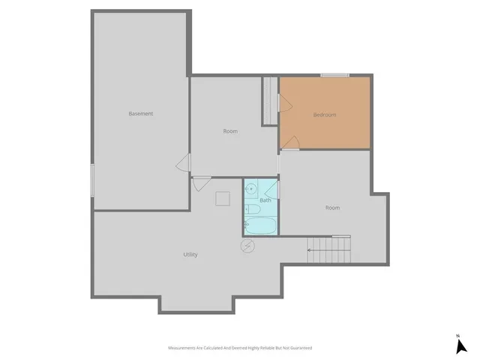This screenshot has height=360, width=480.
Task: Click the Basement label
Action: [x=141, y=114]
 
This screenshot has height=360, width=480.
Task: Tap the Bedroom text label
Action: [x=325, y=115]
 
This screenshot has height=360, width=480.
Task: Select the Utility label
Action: [x=190, y=254]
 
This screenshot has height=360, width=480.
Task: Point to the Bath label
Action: [x=265, y=200]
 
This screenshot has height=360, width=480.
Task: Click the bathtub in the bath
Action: [x=259, y=225]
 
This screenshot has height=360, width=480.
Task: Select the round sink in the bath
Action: [x=253, y=189]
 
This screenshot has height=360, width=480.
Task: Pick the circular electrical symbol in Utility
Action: [x=247, y=246]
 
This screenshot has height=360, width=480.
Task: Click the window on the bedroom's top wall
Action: [x=334, y=75]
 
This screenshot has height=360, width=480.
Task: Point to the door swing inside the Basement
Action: [x=182, y=165]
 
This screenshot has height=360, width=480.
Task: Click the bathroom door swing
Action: [x=271, y=187]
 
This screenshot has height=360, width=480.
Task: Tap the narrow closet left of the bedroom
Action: [x=269, y=100]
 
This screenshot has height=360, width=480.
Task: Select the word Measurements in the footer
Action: [x=184, y=348]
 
